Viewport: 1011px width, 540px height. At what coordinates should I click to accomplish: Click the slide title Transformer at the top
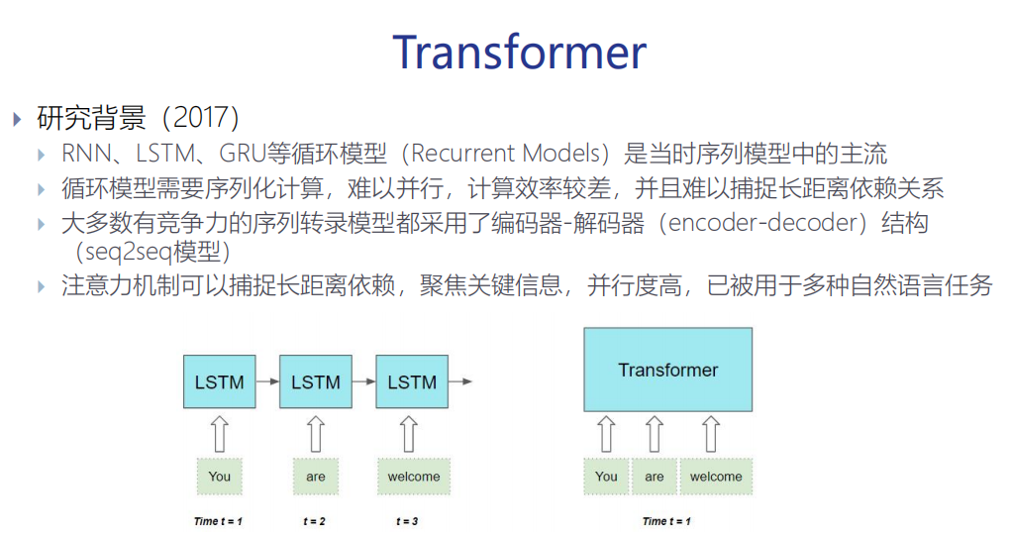coord(519,51)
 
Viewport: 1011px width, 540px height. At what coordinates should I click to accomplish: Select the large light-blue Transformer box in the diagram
coord(667,370)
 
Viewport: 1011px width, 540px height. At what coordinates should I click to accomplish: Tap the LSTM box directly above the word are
coord(316,381)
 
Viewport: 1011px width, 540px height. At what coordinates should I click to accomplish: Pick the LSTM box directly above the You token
coord(219,381)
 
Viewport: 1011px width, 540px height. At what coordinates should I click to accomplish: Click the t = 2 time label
coord(316,521)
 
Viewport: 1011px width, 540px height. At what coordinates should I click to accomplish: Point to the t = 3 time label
coord(406,521)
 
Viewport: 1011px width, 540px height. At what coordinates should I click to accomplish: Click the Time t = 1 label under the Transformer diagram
coord(666,521)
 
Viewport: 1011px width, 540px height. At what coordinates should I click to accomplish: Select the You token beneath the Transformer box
coord(606,477)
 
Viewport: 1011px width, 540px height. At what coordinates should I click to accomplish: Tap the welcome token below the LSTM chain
coord(413,477)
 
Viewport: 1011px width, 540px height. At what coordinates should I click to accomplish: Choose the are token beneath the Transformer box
coord(655,477)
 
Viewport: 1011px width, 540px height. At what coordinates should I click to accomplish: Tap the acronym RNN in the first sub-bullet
coord(85,154)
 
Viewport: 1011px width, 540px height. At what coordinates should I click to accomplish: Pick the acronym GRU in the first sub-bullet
coord(247,154)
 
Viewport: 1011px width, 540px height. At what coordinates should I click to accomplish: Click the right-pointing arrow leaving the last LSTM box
coord(460,381)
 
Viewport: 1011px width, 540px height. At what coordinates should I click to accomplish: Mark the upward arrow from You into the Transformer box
coord(606,434)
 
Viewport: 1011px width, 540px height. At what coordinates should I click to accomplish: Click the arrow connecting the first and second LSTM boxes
coord(267,381)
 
